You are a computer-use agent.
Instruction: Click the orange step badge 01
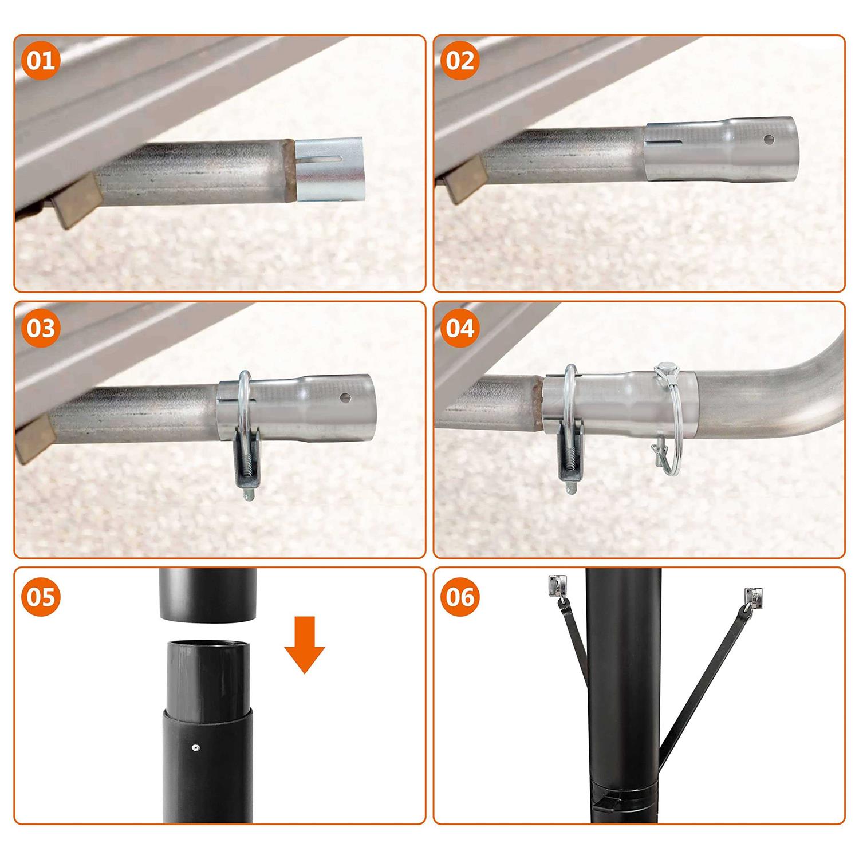point(41,61)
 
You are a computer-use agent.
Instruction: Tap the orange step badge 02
point(460,61)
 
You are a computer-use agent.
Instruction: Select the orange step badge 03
point(41,328)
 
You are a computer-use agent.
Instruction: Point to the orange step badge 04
point(460,328)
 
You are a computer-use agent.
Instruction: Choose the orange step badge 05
point(41,596)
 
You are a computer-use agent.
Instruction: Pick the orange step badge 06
point(460,596)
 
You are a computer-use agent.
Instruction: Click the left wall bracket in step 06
point(555,586)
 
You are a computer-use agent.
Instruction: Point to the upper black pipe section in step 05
point(207,594)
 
